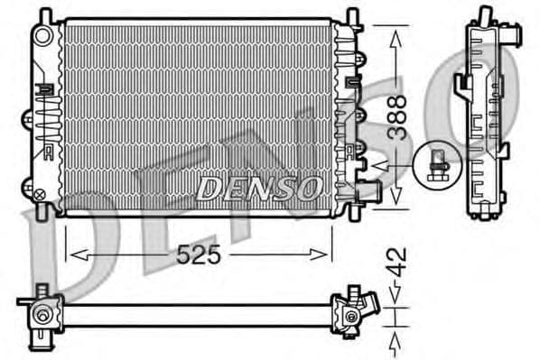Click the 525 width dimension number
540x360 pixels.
pyautogui.click(x=200, y=255)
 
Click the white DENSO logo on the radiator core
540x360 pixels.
pyautogui.click(x=260, y=188)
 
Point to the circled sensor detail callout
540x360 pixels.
pyautogui.click(x=437, y=164)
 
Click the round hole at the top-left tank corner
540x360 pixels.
pyautogui.click(x=42, y=35)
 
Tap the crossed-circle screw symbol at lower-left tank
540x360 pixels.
pyautogui.click(x=39, y=192)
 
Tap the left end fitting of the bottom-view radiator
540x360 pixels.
pyautogui.click(x=42, y=315)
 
